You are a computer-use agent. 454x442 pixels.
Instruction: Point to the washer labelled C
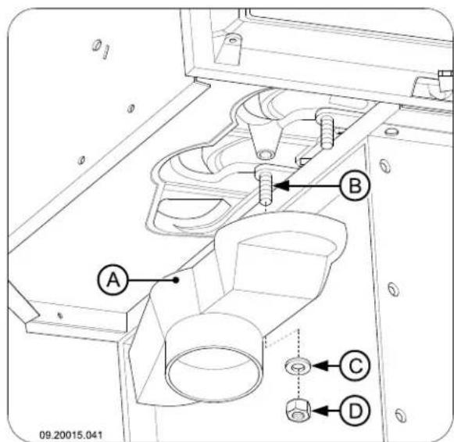tap(296, 365)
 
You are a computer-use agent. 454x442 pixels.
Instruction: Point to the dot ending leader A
tap(178, 277)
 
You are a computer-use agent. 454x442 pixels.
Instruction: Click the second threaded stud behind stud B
tap(325, 126)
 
